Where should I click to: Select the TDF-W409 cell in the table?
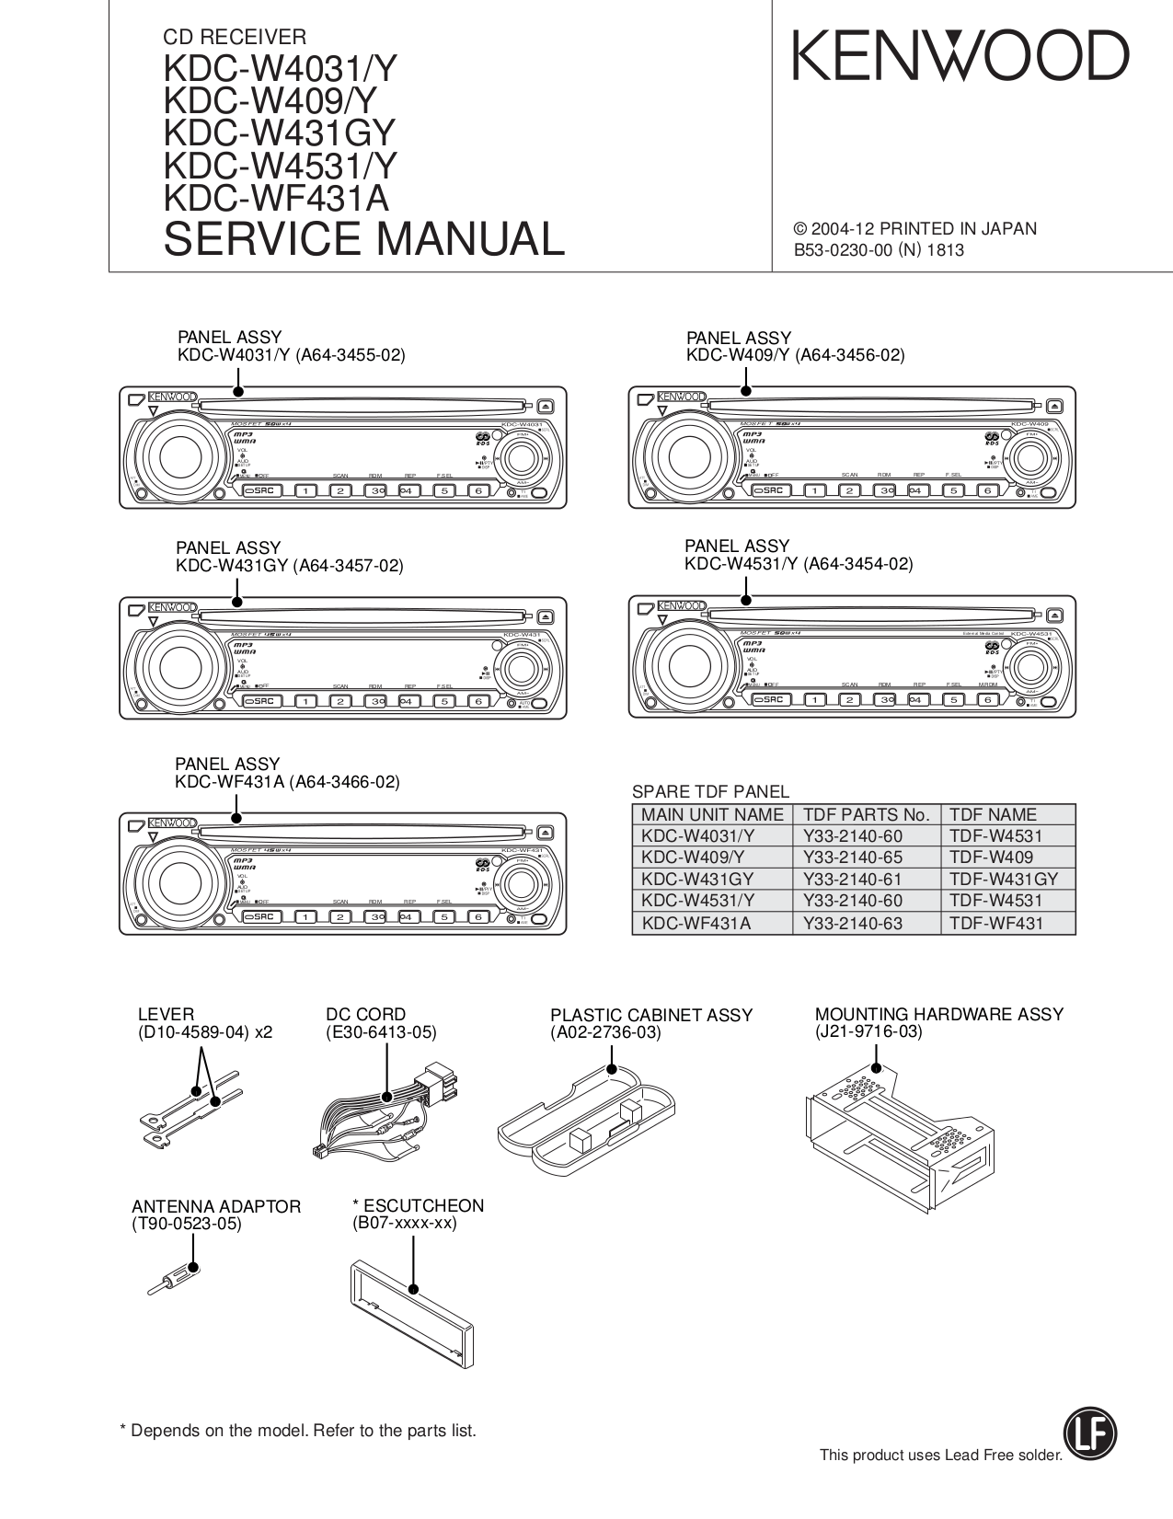(x=1008, y=857)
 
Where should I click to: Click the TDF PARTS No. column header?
(x=866, y=814)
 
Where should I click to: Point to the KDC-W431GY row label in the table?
(x=697, y=879)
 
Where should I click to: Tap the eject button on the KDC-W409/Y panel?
(x=1053, y=405)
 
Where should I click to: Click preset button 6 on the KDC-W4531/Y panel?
(x=987, y=699)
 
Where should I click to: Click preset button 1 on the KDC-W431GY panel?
(x=305, y=701)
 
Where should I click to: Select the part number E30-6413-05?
(x=381, y=1032)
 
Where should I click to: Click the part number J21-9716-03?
(x=868, y=1031)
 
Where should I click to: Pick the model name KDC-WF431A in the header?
(x=276, y=199)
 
